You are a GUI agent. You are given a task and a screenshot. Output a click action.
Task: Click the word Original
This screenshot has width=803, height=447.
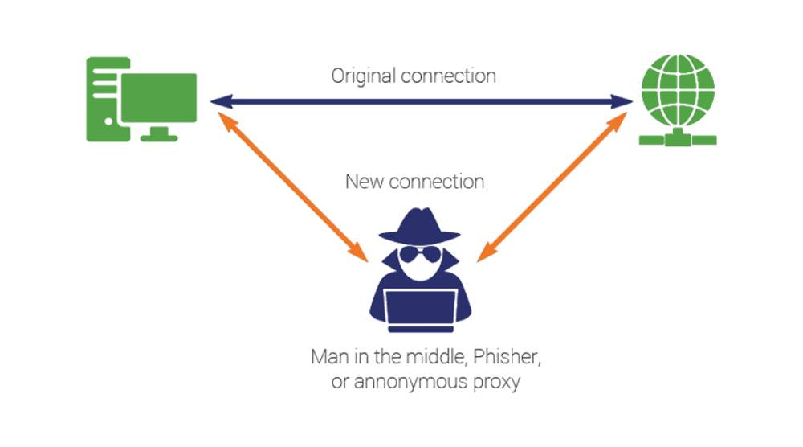point(365,76)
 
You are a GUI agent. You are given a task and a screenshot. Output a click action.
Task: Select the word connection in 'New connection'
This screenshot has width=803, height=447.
point(436,182)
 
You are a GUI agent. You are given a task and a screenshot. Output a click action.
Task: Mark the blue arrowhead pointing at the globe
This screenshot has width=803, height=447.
point(623,102)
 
